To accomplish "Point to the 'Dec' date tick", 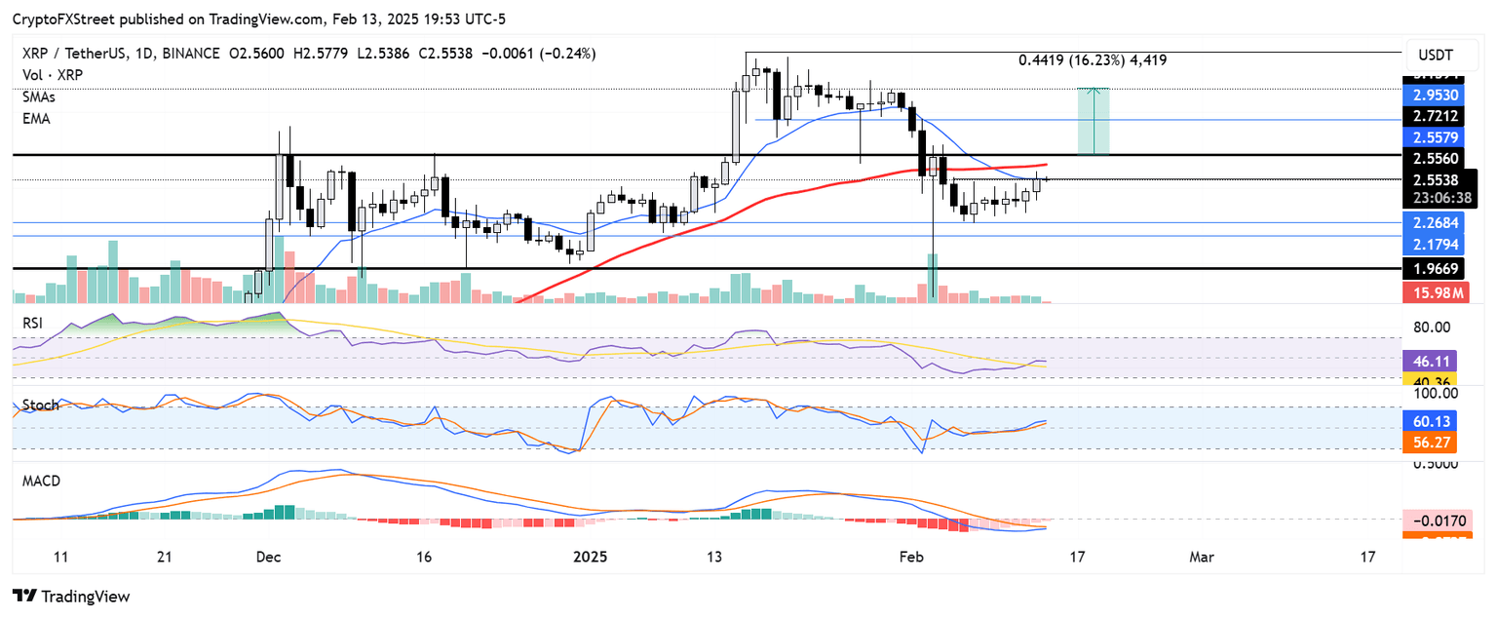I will pos(268,558).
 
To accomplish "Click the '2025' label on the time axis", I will pos(591,558).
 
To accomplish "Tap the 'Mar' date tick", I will pos(1202,558).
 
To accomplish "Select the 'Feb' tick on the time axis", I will pos(910,558).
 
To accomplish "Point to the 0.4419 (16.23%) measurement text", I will pos(1092,60).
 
